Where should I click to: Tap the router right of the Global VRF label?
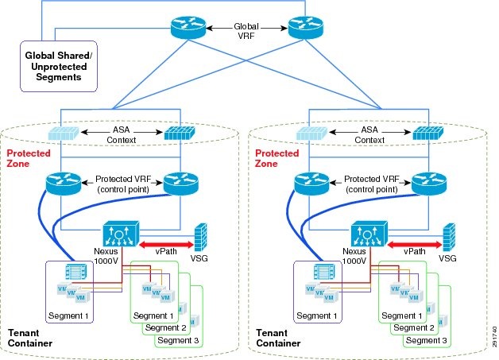[303, 28]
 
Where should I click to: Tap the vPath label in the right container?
[412, 248]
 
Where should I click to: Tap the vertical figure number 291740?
[493, 330]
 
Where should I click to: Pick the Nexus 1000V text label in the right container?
[359, 255]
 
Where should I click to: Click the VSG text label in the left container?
[202, 259]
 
